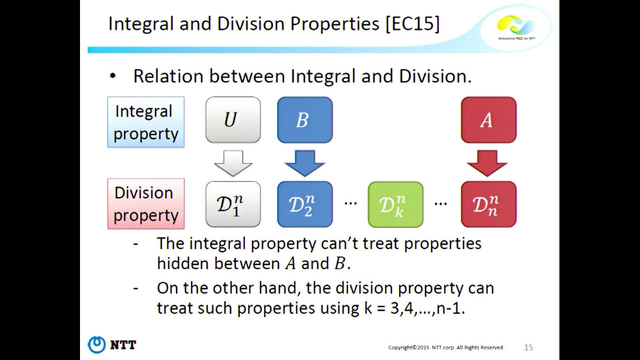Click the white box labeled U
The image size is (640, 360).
pos(233,120)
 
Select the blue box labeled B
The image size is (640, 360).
pos(304,120)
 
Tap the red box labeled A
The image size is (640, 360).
pos(488,120)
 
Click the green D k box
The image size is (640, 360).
pos(395,204)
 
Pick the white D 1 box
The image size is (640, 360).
pos(233,204)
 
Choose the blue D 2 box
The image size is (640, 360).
pos(304,204)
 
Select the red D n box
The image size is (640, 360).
pos(488,204)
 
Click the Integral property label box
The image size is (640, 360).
pos(146,122)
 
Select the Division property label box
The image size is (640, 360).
pos(146,204)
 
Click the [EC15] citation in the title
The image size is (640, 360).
pos(412,24)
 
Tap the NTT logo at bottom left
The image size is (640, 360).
pos(112,344)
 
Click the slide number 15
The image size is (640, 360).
pos(528,347)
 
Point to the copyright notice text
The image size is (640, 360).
pos(446,347)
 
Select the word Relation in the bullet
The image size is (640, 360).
pos(168,76)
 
